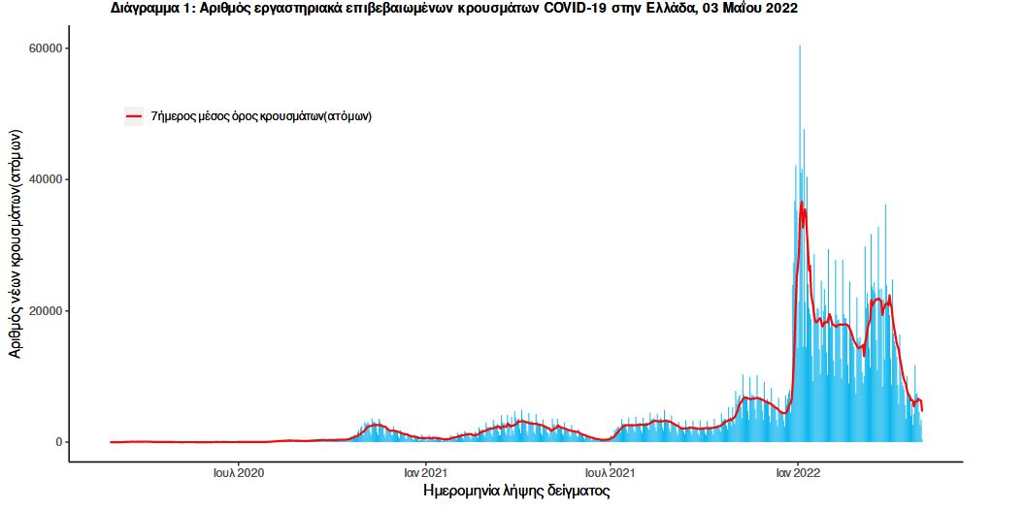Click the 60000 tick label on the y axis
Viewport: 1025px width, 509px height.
(x=46, y=48)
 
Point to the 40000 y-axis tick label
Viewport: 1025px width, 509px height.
(x=46, y=179)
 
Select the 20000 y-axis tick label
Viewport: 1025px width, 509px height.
(x=46, y=310)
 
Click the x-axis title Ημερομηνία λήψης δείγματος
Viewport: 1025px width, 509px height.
(x=516, y=492)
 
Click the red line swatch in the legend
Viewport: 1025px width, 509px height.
(x=134, y=116)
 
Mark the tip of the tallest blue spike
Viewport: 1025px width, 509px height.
(x=800, y=46)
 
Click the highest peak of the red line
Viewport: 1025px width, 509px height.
(x=802, y=202)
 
